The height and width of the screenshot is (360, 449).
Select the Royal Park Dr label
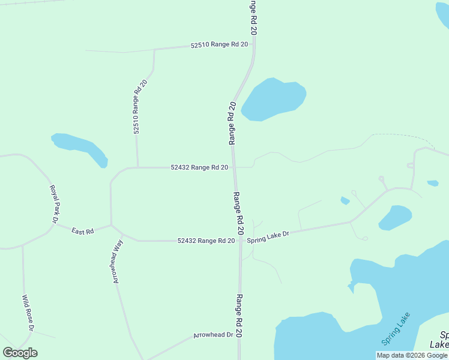click(x=52, y=204)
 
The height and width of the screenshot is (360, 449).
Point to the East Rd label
click(x=83, y=231)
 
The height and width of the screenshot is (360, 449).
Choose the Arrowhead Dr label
click(x=213, y=335)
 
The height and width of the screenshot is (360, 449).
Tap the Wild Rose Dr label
click(x=28, y=313)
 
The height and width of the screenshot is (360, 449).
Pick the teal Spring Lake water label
click(x=396, y=328)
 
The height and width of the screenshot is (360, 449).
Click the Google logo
click(x=20, y=353)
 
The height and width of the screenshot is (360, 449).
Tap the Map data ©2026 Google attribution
click(x=412, y=355)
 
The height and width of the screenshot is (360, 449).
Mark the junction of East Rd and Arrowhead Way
click(x=111, y=226)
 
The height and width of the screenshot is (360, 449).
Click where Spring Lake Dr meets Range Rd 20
click(x=240, y=241)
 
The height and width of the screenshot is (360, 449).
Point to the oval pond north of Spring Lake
click(x=395, y=217)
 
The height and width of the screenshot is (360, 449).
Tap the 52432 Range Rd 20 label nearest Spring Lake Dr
click(x=206, y=241)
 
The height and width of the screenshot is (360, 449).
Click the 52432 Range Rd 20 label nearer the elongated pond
click(x=199, y=167)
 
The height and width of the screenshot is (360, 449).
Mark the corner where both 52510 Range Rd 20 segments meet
click(x=154, y=50)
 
